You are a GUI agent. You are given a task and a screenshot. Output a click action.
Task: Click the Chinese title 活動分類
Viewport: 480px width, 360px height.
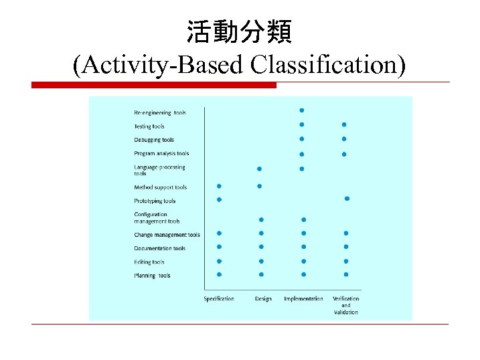239,31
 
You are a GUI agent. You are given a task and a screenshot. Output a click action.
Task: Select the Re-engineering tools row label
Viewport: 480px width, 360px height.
160,112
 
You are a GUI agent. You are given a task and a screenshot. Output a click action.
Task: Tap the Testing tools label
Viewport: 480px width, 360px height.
149,126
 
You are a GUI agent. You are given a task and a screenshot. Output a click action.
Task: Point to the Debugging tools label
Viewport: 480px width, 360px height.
153,140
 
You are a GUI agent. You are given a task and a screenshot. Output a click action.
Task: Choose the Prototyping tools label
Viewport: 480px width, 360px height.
155,201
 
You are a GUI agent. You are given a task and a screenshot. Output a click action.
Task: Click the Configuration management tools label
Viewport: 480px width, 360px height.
157,217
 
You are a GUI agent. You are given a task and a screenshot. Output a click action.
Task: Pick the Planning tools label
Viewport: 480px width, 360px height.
152,276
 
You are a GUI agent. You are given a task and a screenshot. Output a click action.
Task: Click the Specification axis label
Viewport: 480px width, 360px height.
219,298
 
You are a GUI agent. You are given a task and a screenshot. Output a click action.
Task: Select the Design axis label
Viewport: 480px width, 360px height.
263,298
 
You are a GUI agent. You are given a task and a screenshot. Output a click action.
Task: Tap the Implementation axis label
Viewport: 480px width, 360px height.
303,298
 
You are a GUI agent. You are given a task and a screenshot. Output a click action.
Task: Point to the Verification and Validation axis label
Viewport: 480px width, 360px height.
346,305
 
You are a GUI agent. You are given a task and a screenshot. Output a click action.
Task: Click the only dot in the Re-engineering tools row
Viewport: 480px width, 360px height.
302,110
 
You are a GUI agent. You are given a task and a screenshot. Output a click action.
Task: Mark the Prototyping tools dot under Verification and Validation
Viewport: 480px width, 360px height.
347,199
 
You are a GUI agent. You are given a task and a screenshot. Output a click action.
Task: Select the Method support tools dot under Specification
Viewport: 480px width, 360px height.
219,186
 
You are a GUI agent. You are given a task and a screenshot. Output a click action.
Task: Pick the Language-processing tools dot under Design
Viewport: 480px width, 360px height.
259,169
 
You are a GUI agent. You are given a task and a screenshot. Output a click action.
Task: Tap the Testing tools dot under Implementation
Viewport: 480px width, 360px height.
302,124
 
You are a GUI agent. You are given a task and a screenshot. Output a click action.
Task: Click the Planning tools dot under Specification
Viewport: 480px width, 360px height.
219,274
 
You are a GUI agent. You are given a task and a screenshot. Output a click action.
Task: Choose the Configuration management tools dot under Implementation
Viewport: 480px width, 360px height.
304,219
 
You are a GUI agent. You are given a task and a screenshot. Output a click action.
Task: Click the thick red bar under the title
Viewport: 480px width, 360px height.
154,85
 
